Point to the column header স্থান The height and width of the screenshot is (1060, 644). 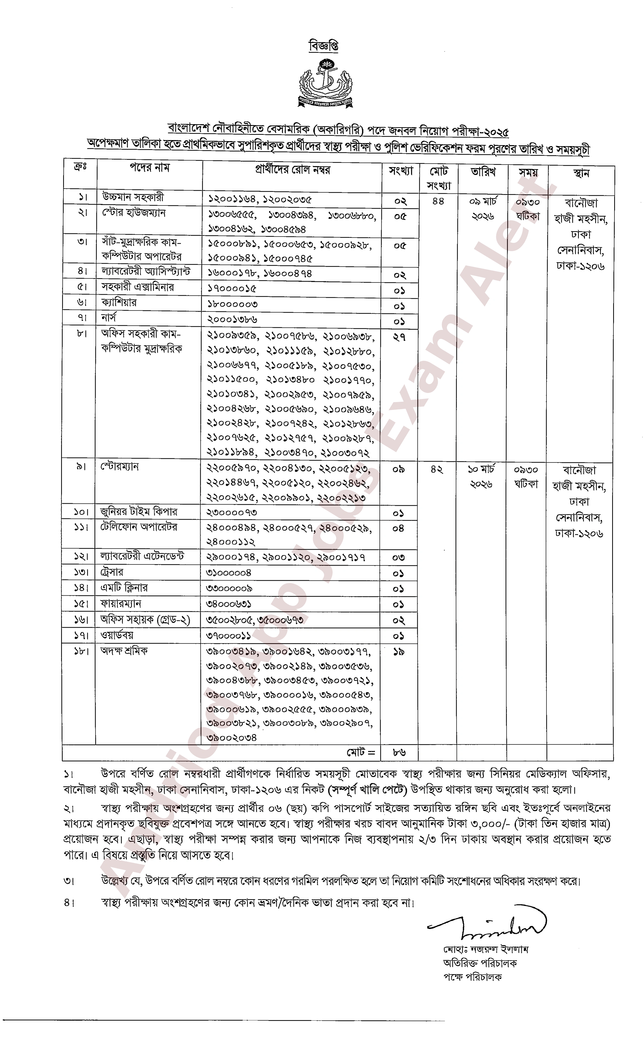581,173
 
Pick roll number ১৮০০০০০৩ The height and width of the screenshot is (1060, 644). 232,304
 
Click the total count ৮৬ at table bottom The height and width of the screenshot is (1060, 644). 399,752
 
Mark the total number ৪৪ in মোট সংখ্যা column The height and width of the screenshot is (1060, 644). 438,201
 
